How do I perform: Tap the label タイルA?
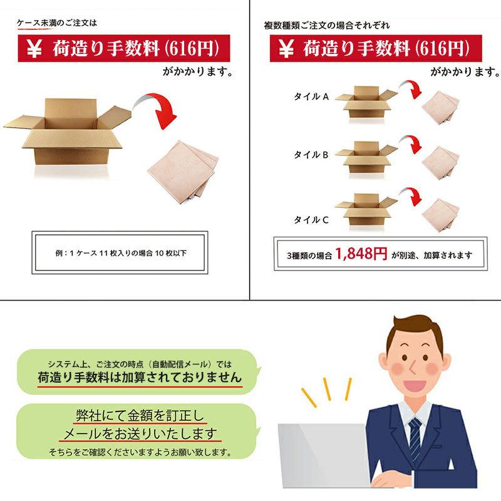[x=311, y=96]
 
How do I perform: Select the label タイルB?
[x=311, y=153]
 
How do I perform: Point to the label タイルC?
[x=311, y=219]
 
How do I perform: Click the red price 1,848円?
[x=361, y=254]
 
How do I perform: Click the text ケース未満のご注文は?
[x=57, y=23]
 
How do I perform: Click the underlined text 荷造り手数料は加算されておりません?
[x=138, y=378]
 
